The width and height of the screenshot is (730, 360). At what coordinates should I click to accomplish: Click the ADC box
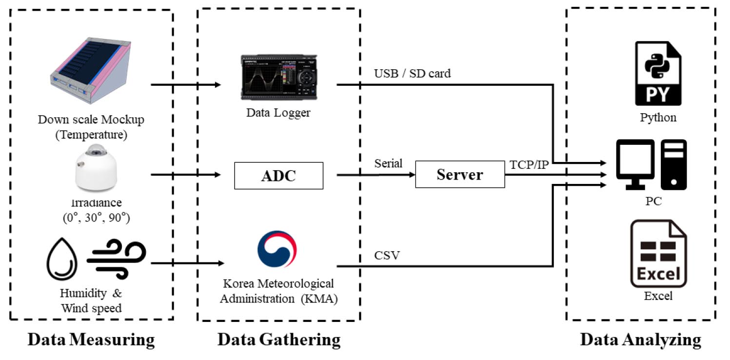click(278, 176)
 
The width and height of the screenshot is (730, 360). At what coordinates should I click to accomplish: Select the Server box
click(460, 175)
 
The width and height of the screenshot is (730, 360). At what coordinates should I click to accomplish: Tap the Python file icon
click(658, 73)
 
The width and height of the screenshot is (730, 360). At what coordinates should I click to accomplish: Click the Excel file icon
click(658, 253)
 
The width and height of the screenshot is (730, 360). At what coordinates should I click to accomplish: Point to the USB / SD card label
click(412, 74)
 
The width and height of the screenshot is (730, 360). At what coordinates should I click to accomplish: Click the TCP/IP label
click(529, 164)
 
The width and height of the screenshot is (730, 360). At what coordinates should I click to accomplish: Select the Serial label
click(388, 163)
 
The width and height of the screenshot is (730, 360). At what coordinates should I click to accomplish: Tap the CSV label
click(387, 255)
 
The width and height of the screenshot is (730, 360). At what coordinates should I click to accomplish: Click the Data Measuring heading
click(91, 340)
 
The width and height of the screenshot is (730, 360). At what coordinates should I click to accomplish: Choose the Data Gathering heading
click(278, 340)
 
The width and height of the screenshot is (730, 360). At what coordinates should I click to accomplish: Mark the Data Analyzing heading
click(640, 340)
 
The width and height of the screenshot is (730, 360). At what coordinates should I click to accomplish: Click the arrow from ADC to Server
click(375, 175)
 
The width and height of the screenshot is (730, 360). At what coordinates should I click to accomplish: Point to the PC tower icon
click(673, 164)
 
